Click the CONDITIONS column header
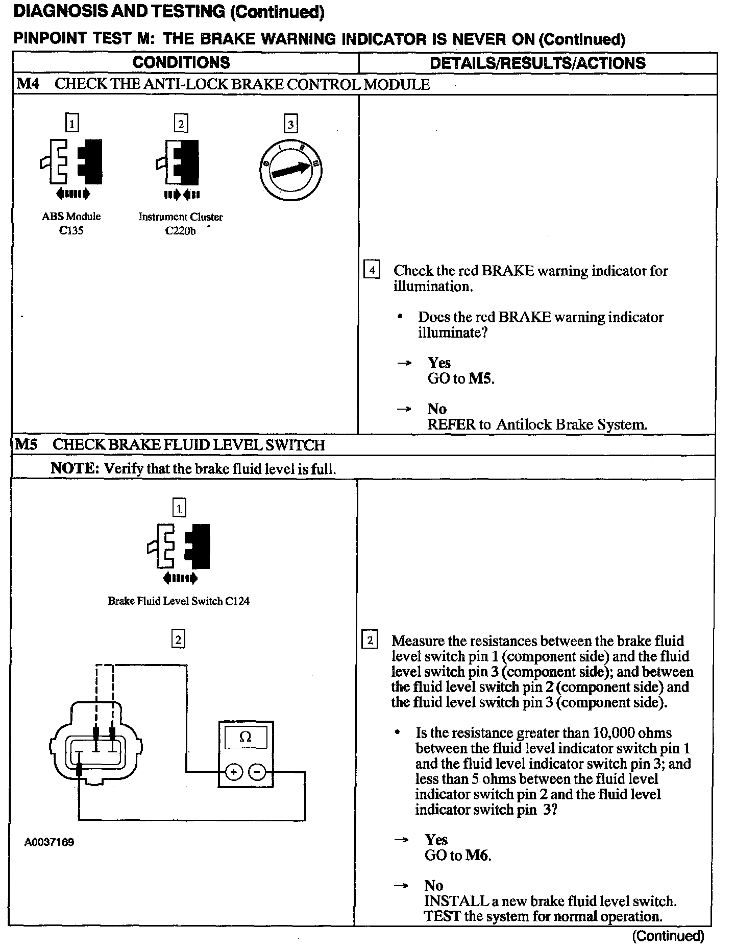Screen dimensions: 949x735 point(181,63)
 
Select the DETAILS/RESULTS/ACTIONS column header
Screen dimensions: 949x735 point(537,63)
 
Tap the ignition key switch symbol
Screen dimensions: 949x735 point(290,170)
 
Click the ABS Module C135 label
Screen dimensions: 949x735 point(71,223)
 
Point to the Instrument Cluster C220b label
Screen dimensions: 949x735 point(181,223)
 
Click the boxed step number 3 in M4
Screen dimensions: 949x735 point(290,124)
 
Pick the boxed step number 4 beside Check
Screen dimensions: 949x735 point(371,270)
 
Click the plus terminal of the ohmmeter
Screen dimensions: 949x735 point(233,772)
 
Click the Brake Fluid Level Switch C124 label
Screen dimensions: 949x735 point(179,601)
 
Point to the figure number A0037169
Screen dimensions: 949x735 point(49,842)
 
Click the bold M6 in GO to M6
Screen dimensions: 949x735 point(477,855)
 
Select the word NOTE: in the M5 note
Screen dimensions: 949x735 point(75,468)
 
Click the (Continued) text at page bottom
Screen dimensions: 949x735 point(668,936)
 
